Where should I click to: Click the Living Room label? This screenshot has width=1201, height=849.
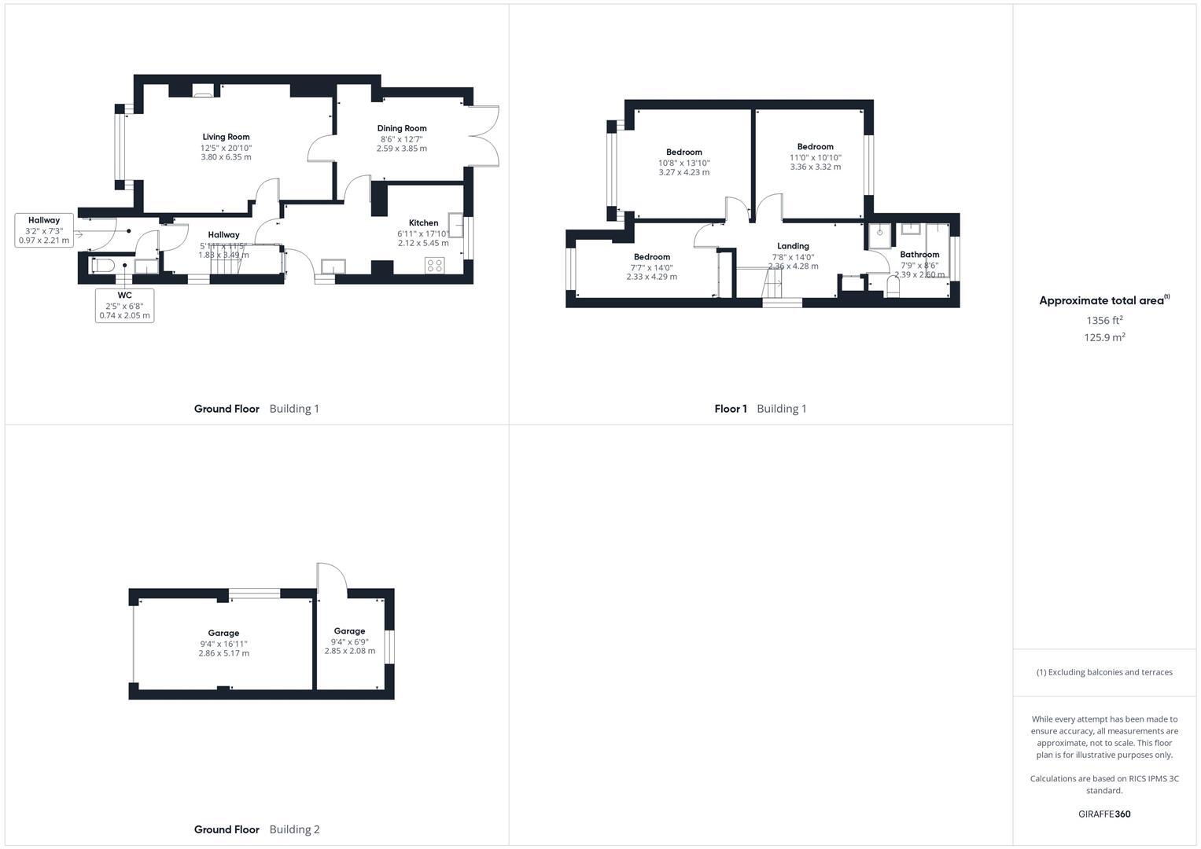tap(226, 137)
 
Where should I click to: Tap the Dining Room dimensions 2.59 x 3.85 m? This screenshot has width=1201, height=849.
tap(401, 149)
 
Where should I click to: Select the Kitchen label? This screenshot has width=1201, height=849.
tap(423, 222)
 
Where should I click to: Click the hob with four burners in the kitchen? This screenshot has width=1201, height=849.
tap(434, 265)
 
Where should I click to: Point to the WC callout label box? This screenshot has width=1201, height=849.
tap(124, 305)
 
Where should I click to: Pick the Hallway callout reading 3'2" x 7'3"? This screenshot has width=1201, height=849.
tap(44, 230)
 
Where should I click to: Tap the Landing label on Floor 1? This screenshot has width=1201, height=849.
tap(793, 246)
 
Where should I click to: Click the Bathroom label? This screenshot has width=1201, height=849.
tap(919, 255)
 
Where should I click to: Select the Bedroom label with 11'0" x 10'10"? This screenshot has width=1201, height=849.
tap(815, 147)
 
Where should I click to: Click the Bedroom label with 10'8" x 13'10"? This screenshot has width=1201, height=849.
tap(683, 153)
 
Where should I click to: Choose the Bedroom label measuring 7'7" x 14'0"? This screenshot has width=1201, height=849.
tap(652, 257)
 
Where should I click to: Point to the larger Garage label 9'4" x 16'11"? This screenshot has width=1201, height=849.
tap(223, 633)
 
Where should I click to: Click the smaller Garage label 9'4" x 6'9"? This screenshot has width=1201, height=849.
tap(349, 631)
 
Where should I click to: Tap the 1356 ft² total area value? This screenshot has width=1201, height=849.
tap(1104, 320)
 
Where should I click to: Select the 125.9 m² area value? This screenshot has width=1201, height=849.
tap(1104, 337)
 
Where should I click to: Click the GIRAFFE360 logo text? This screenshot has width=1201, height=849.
tap(1104, 814)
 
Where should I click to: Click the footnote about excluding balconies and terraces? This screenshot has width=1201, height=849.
tap(1104, 672)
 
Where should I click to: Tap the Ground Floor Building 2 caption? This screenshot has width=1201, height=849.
tap(256, 829)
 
